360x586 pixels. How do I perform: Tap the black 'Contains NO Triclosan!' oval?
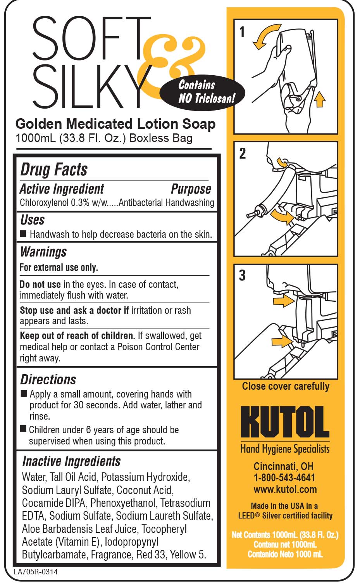(202, 92)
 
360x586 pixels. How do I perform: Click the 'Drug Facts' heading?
(54, 169)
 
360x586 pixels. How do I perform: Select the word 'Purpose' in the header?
(191, 189)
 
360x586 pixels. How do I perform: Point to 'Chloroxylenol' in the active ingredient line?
(44, 203)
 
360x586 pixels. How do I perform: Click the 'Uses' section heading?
(33, 220)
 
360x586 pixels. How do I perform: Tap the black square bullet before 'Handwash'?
(23, 233)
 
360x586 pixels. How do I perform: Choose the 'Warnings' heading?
(43, 252)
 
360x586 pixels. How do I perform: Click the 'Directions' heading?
(48, 380)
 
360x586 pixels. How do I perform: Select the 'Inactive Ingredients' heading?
(71, 461)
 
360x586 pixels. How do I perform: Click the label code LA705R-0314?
(36, 572)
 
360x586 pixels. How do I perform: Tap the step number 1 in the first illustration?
(242, 32)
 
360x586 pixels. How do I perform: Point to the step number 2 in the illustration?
(243, 153)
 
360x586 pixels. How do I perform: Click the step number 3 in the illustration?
(242, 275)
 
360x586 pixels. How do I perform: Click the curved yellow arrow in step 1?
(264, 35)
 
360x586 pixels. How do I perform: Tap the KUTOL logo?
(285, 422)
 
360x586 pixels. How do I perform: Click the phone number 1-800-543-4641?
(284, 478)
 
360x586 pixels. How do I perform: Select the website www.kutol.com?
(285, 489)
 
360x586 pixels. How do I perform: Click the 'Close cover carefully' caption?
(286, 386)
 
